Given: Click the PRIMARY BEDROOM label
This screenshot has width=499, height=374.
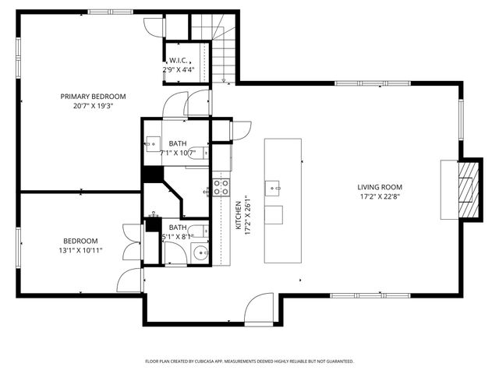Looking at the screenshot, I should pos(94,97).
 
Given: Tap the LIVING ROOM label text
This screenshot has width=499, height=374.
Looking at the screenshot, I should pos(380,187).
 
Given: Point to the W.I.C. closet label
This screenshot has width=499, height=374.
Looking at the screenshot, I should pos(179,61).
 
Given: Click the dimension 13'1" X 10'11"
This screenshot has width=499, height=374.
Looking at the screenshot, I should pos(80,250).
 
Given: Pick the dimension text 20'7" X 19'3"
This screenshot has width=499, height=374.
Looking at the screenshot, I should pos(94,107).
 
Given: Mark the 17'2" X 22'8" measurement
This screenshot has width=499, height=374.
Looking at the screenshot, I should pos(380,196).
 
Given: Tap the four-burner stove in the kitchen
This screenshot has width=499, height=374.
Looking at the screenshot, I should pos(221,187).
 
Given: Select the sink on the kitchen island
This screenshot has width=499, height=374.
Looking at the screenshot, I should pos(273,187).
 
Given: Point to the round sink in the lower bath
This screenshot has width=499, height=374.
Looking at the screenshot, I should pos(200,252).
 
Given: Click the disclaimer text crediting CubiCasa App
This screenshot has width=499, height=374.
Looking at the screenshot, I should pos(249,362).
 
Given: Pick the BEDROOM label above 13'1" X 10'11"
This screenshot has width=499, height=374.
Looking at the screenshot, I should pos(80,241).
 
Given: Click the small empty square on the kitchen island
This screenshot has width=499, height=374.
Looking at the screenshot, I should pos(274,214).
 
